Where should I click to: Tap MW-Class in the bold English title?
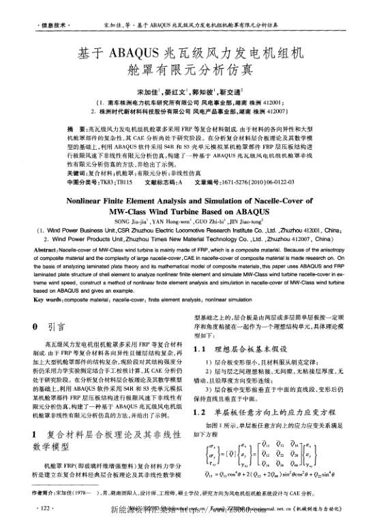pos(127,212)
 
